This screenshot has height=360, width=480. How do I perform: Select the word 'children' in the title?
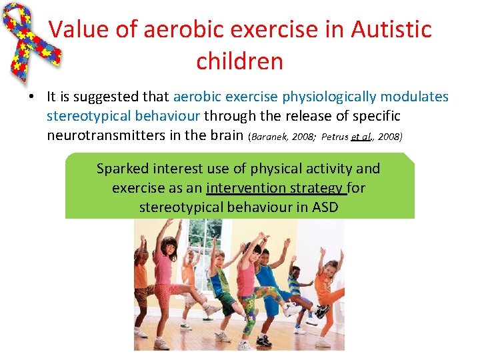pos(239,61)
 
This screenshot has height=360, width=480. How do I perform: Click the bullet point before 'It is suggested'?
pos(31,97)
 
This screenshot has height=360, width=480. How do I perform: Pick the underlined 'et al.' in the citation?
pos(361,137)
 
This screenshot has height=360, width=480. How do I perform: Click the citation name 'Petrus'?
pos(335,137)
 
